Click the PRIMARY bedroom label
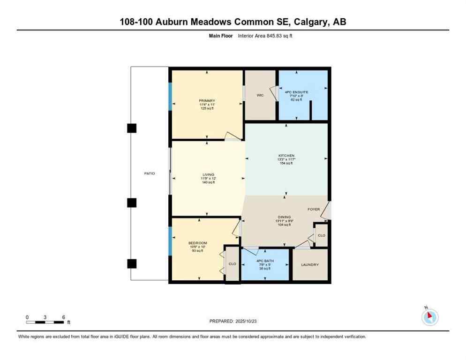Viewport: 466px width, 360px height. pyautogui.click(x=207, y=101)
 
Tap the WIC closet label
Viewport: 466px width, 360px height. pyautogui.click(x=260, y=95)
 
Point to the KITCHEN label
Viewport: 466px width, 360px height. pyautogui.click(x=286, y=156)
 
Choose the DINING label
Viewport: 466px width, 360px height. pyautogui.click(x=284, y=217)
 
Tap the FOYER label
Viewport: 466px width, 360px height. pyautogui.click(x=314, y=209)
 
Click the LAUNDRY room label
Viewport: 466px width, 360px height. pyautogui.click(x=309, y=265)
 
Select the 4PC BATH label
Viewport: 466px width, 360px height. pyautogui.click(x=265, y=261)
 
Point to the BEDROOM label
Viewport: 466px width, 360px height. pyautogui.click(x=197, y=243)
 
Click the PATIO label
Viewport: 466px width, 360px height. pyautogui.click(x=150, y=173)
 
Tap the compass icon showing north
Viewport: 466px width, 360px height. pyautogui.click(x=429, y=317)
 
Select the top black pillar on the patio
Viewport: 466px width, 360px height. pyautogui.click(x=132, y=128)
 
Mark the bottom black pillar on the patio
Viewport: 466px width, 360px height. pyautogui.click(x=132, y=263)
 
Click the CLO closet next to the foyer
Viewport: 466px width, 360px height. pyautogui.click(x=321, y=235)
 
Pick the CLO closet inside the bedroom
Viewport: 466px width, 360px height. pyautogui.click(x=232, y=264)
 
